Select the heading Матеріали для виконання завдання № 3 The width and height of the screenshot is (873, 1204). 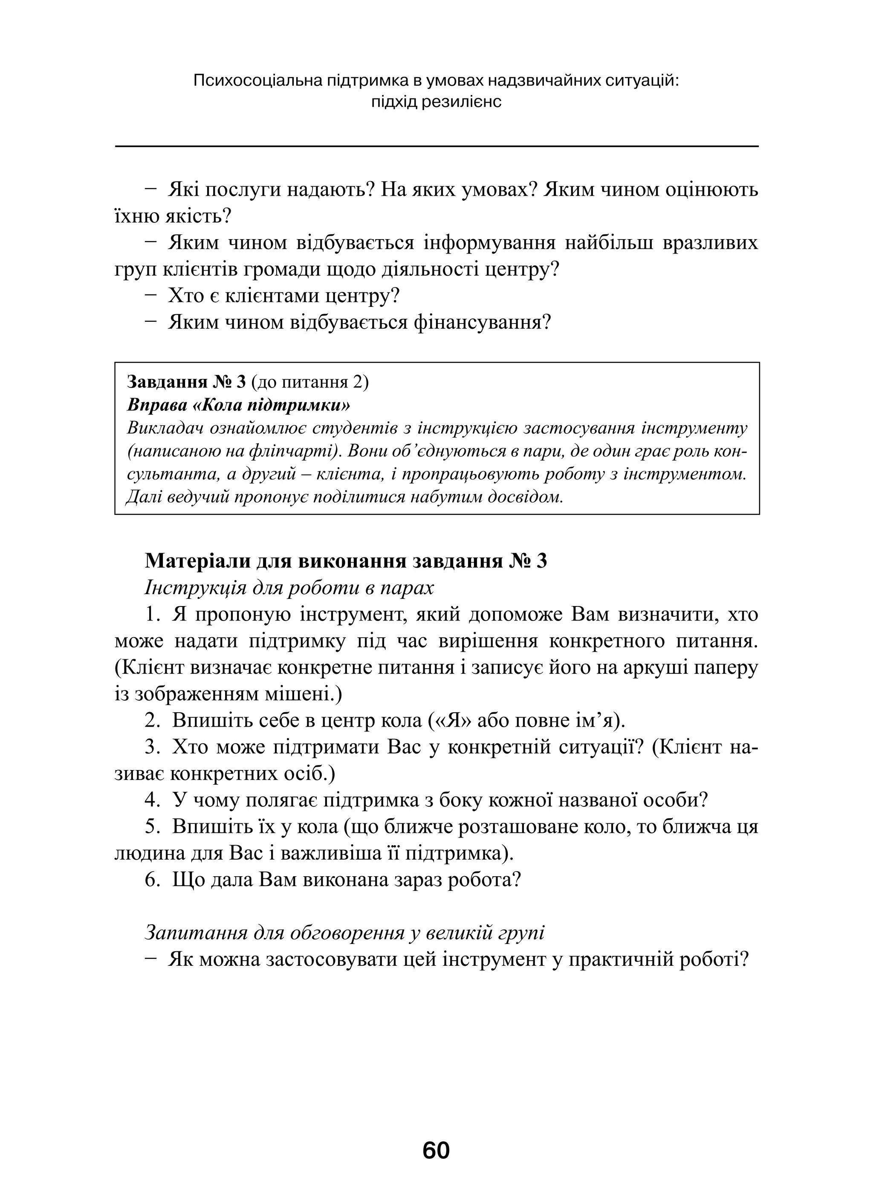(x=345, y=561)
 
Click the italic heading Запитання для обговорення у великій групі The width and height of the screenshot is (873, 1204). (x=344, y=933)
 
